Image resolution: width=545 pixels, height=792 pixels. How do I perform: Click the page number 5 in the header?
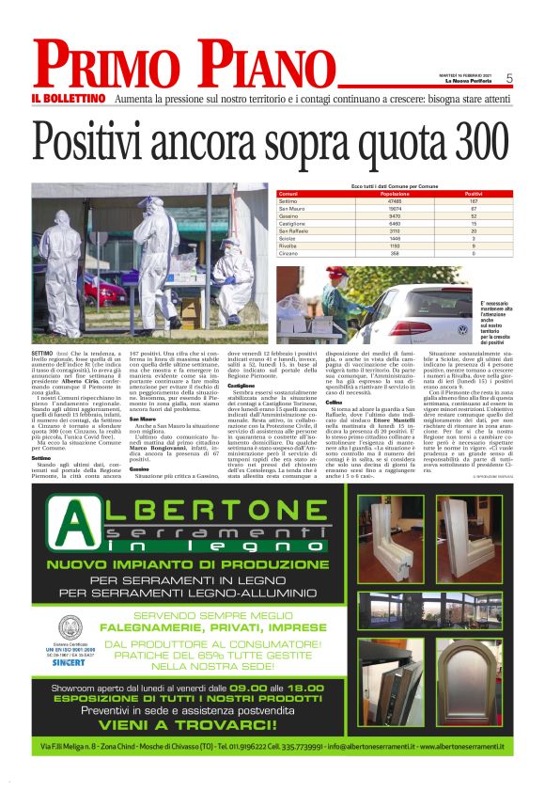click(508, 78)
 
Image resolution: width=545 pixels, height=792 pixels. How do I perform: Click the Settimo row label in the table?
click(288, 201)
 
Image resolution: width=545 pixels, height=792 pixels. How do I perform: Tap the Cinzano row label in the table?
click(289, 253)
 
